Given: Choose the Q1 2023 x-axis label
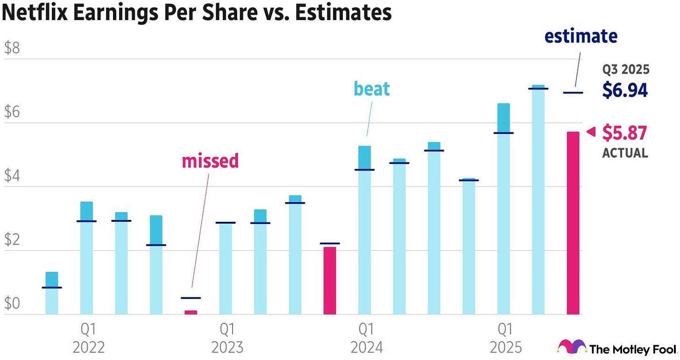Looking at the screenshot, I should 227,339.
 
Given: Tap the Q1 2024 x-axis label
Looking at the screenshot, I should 366,339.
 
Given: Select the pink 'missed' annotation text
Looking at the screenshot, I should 210,161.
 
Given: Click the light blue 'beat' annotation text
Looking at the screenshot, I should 371,89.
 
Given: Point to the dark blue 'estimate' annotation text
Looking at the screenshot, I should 581,36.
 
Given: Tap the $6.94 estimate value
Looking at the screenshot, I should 624,90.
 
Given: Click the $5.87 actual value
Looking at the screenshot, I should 624,133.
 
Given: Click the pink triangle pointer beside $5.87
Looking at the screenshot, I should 591,132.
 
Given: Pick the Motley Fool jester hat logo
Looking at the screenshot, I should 572,347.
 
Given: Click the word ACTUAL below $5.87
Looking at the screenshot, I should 625,153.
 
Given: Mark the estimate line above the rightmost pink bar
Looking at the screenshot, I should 573,92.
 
